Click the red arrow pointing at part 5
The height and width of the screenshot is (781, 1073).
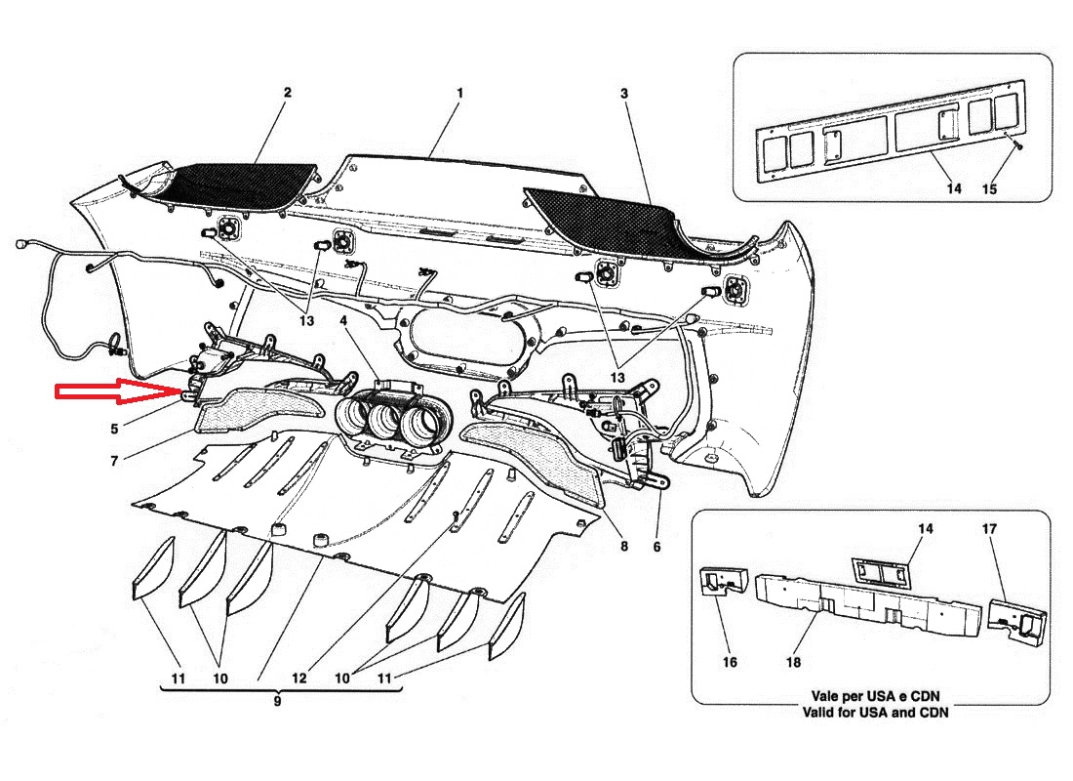point(117,392)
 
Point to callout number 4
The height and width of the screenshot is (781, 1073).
point(343,320)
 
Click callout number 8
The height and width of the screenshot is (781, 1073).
point(624,547)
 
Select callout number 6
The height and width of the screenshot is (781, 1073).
point(656,547)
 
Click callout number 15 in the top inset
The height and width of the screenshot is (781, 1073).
point(989,189)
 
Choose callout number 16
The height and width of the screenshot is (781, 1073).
point(731,662)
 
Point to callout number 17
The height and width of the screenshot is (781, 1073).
point(989,529)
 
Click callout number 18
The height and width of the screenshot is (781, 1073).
point(792,662)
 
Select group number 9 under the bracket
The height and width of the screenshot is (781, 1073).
point(277,701)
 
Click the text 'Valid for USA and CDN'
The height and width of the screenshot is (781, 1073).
point(881,712)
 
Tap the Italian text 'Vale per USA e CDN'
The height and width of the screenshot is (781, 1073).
point(881,697)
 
